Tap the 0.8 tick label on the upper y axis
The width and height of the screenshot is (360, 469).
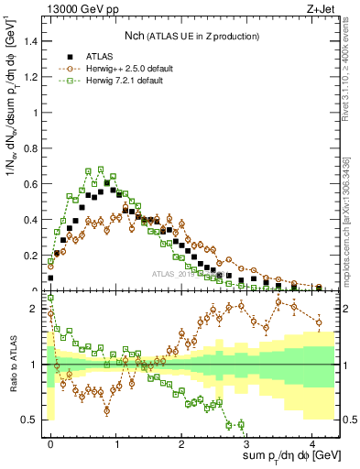[34, 148]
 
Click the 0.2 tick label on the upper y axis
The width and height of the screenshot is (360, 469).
[34, 256]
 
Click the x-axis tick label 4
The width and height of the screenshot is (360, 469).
[312, 442]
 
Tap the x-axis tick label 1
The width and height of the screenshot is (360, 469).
[116, 442]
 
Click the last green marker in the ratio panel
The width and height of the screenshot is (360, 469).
[240, 423]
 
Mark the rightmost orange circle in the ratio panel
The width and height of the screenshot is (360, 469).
[318, 322]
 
